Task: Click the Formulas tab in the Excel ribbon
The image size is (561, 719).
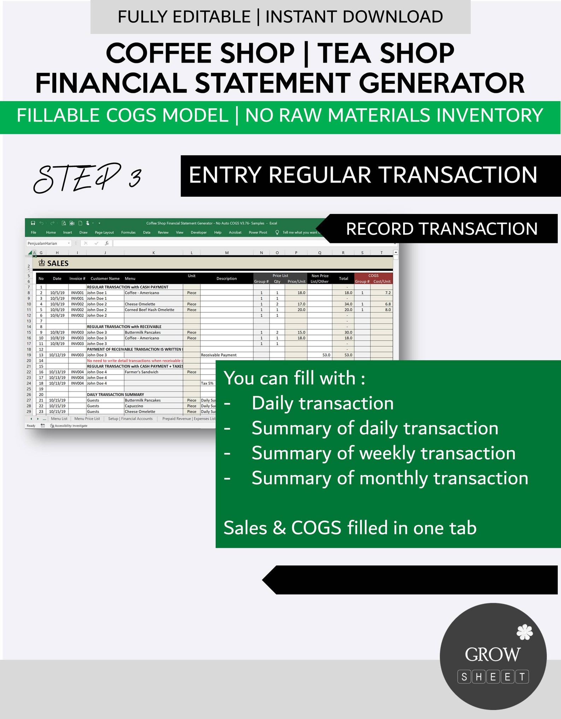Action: click(x=128, y=232)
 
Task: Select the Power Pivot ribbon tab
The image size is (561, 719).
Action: click(x=258, y=232)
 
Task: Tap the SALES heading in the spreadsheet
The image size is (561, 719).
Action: click(x=58, y=263)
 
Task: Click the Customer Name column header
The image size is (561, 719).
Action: click(x=105, y=278)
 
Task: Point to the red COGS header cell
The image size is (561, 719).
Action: click(x=373, y=276)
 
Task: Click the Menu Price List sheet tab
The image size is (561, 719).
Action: click(x=87, y=418)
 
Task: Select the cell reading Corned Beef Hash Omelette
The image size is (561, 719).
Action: click(x=149, y=309)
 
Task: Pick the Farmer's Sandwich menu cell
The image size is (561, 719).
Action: click(x=141, y=372)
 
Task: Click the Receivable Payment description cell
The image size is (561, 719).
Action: click(x=219, y=355)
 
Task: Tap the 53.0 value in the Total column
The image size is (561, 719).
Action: click(x=348, y=355)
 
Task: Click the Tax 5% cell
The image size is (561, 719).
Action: click(x=207, y=383)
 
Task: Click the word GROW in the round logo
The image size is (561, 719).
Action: click(x=492, y=655)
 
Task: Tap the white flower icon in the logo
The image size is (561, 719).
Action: click(x=525, y=632)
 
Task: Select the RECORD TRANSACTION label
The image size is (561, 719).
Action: click(x=442, y=229)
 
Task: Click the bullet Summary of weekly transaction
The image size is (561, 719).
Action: click(x=383, y=453)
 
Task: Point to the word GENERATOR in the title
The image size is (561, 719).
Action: click(x=442, y=83)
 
